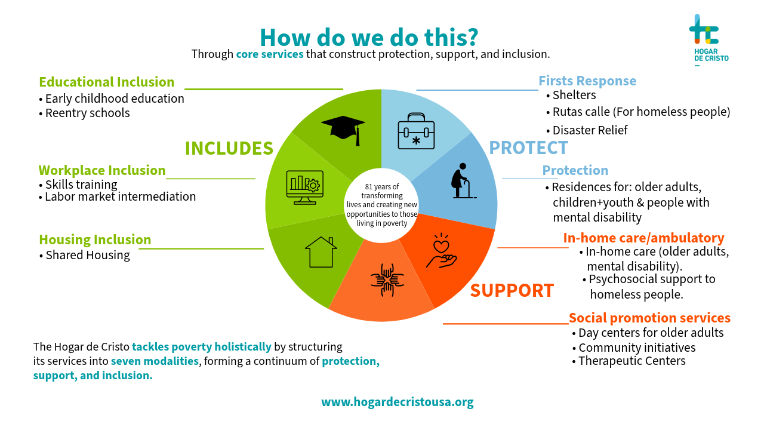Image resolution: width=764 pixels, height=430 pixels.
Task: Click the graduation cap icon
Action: click(343, 128)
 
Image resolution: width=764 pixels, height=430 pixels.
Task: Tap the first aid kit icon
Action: click(416, 130)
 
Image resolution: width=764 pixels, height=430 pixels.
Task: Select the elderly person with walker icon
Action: click(464, 180)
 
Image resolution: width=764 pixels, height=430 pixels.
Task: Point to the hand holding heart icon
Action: click(441, 251)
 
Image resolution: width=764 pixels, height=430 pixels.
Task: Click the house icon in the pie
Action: click(321, 251)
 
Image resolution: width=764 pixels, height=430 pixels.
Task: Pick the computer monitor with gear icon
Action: click(305, 187)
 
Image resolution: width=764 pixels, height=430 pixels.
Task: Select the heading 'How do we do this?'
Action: click(369, 37)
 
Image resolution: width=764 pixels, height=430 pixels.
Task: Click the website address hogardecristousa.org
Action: click(398, 401)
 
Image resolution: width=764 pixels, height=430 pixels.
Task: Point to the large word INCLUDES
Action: click(229, 148)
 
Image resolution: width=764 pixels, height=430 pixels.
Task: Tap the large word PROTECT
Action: click(528, 148)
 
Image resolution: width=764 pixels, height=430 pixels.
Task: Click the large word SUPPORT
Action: click(512, 290)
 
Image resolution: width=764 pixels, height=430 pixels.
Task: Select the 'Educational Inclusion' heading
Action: click(107, 82)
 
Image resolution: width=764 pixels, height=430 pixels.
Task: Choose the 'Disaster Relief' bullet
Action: click(589, 130)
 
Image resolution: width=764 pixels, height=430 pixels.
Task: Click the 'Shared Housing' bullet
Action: click(87, 255)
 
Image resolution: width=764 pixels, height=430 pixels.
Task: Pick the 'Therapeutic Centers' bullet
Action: click(631, 361)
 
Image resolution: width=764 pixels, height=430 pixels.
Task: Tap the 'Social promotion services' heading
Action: click(649, 318)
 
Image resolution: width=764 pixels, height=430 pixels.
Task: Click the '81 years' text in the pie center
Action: click(381, 187)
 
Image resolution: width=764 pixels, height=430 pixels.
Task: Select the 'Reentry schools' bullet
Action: click(87, 113)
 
